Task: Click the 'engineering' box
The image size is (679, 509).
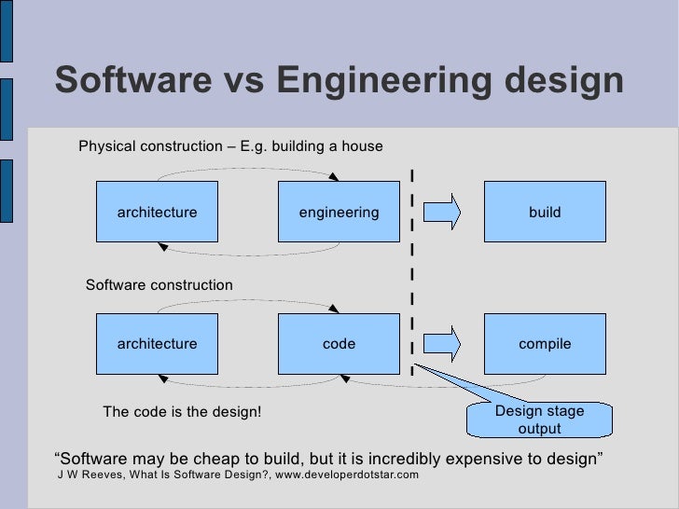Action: pos(339,213)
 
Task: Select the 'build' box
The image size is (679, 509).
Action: pos(545,213)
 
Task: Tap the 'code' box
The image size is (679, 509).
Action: pos(339,344)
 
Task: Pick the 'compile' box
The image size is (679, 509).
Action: pos(545,344)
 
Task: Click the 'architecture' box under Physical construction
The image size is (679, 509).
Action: pos(157,213)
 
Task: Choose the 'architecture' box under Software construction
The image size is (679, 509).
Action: pos(157,344)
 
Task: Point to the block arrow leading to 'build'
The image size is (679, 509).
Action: pos(442,211)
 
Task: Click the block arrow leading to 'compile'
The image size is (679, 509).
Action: pos(442,342)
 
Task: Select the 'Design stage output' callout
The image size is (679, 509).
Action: pos(539,420)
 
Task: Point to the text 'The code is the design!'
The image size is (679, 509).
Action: pos(182,413)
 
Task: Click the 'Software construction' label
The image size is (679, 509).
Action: pos(159,284)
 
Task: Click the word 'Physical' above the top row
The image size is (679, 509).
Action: pos(106,146)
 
